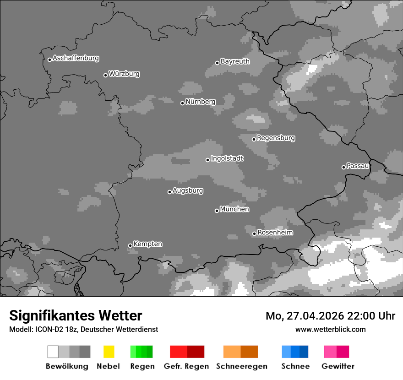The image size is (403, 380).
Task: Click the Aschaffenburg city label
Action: coord(76,58)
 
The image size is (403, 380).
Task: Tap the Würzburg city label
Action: coord(124,74)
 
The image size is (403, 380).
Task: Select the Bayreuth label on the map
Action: coord(235,61)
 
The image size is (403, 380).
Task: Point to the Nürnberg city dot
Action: coord(182,103)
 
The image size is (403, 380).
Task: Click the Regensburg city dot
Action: coord(254,139)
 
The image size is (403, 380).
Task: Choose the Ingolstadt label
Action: coord(227,158)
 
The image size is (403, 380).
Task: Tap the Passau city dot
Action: coord(343,167)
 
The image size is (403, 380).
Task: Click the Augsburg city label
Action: coord(188,190)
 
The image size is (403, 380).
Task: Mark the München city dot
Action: coord(217,211)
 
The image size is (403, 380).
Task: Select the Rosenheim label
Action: coord(275,232)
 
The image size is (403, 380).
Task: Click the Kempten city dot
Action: coord(130,245)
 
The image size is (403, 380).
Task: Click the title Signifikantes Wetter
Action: coord(76,315)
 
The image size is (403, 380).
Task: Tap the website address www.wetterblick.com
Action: coord(330,329)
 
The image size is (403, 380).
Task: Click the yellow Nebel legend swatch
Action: coord(109,352)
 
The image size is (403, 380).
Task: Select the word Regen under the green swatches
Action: coord(142,366)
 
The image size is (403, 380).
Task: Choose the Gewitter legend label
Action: coord(338,366)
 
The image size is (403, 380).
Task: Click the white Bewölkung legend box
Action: coord(53,352)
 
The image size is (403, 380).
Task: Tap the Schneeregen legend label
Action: coord(241,366)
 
